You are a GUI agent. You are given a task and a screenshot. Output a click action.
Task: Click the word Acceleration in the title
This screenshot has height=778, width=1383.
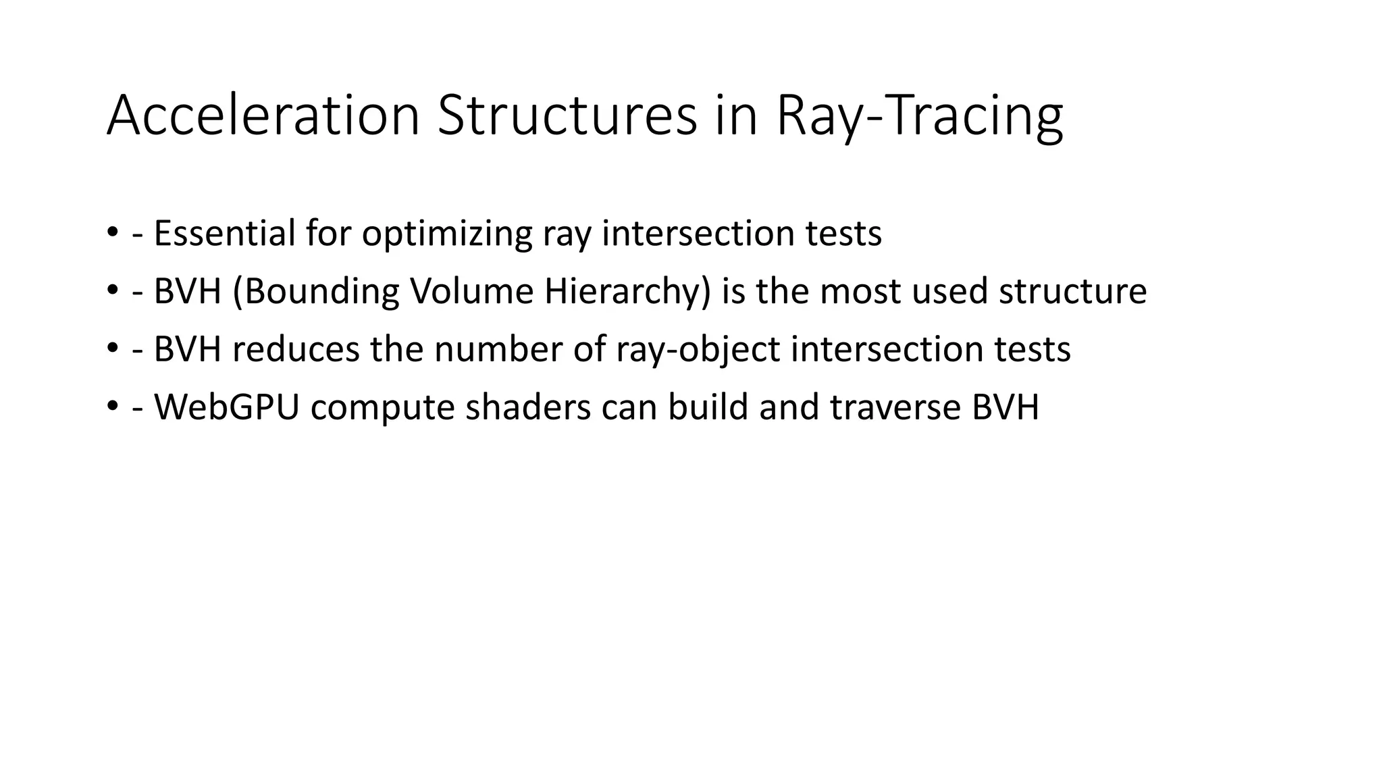click(263, 115)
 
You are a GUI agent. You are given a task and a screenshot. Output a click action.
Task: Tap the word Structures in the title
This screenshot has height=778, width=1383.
click(567, 115)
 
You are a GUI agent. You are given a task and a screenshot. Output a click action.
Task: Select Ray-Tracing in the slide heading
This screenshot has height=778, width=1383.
click(919, 115)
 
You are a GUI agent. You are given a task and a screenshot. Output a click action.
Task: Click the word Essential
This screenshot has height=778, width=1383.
click(224, 233)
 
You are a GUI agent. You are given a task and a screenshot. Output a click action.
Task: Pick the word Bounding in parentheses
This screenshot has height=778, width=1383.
click(316, 292)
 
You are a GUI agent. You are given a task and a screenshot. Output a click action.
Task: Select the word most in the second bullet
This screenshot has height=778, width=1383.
click(860, 291)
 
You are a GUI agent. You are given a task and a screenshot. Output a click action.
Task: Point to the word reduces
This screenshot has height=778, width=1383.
click(296, 349)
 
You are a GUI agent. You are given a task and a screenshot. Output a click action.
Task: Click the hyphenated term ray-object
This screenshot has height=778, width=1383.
click(698, 351)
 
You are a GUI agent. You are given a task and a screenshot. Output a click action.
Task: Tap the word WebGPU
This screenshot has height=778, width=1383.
click(226, 407)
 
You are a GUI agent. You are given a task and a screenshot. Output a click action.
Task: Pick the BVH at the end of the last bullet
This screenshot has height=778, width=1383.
click(1005, 407)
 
